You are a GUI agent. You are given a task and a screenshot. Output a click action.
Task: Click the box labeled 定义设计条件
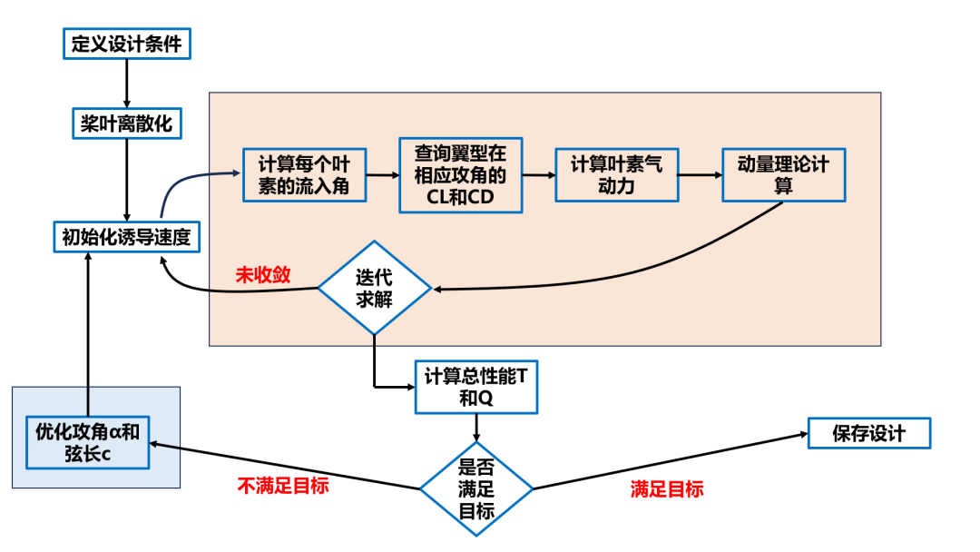click(x=126, y=44)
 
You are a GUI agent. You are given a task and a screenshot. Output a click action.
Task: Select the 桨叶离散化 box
click(x=126, y=123)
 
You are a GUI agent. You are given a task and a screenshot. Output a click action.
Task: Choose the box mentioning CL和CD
click(x=461, y=175)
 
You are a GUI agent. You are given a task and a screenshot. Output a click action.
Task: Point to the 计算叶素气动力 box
click(x=616, y=175)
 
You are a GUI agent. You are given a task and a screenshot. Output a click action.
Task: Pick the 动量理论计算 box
click(x=783, y=174)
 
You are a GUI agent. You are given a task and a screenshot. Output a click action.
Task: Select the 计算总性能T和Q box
click(x=476, y=388)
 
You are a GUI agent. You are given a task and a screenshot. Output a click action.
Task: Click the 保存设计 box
click(x=868, y=433)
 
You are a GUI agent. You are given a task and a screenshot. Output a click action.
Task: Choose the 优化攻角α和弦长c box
click(x=87, y=442)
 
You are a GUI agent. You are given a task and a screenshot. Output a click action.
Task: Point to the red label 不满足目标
click(x=283, y=486)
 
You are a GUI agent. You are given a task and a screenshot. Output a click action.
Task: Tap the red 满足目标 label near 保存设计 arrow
click(x=667, y=489)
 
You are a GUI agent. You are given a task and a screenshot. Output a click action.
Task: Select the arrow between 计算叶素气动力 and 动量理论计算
click(x=700, y=174)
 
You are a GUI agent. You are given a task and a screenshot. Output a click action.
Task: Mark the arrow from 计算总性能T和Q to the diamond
click(x=476, y=427)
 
